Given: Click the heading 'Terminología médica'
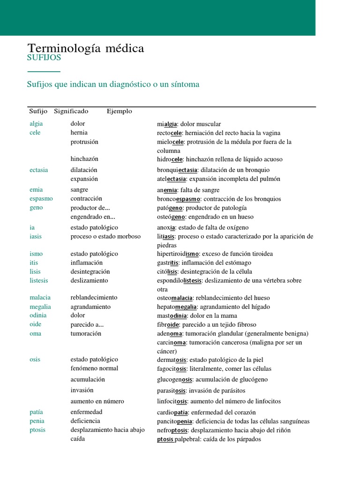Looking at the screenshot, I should (86, 48).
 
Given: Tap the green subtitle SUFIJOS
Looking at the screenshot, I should (44, 58).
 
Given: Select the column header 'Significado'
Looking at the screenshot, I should (71, 111).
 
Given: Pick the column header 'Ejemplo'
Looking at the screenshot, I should (119, 111).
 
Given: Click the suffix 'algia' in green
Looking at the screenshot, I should (36, 124).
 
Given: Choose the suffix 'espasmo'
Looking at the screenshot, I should (41, 199).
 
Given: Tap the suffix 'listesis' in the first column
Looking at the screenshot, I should (39, 281).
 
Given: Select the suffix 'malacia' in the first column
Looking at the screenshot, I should (40, 298).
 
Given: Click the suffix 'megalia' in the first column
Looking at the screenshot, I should (40, 307).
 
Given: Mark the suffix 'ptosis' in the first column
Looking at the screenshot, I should (37, 430).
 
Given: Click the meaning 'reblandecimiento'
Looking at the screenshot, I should (94, 298).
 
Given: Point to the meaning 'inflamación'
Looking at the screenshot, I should (86, 263).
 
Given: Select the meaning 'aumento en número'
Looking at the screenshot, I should (97, 402).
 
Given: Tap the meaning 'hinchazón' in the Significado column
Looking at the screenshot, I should (84, 159).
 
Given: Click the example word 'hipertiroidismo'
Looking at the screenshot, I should (178, 254).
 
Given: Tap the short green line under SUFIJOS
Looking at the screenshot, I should (44, 72).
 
